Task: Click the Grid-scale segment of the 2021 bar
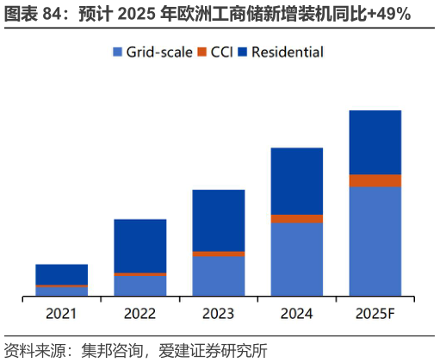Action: [x=61, y=291]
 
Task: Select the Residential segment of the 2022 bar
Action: [x=139, y=246]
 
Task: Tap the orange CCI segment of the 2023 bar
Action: [x=218, y=254]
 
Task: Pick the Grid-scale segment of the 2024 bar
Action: [x=296, y=260]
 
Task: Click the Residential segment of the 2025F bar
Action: [x=375, y=142]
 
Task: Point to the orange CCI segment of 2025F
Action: [x=375, y=181]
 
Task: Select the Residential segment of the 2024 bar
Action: [x=296, y=181]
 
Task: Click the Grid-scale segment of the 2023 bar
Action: [x=218, y=277]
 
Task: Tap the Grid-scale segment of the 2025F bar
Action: [x=375, y=241]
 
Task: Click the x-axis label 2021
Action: [x=61, y=313]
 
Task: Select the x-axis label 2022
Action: [x=139, y=313]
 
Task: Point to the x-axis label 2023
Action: [x=218, y=313]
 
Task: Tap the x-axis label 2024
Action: [x=296, y=313]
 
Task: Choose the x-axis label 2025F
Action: [x=375, y=313]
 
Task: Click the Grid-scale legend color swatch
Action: [x=118, y=53]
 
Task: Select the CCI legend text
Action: [x=223, y=53]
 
